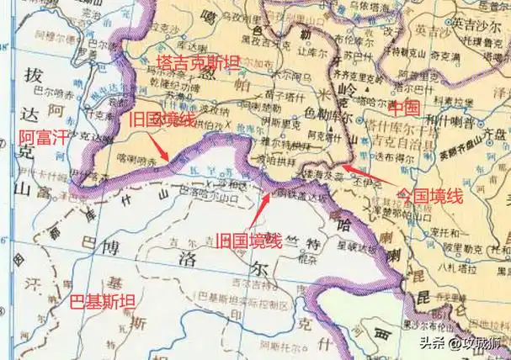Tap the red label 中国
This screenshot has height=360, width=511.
(402, 109)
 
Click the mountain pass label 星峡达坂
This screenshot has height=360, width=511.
(353, 247)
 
